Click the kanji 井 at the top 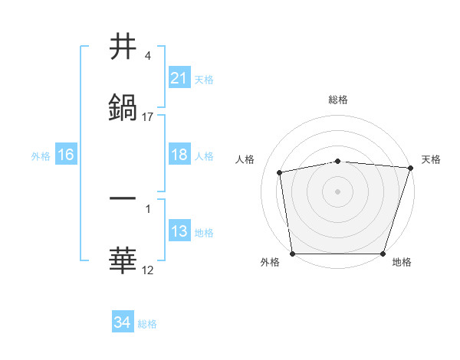tap(123, 47)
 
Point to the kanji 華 tap(123, 261)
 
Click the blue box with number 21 tap(179, 78)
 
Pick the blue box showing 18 tap(179, 155)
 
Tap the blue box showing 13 tap(179, 231)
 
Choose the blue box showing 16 tap(65, 155)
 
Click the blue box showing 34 tap(122, 322)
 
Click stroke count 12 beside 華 tap(148, 270)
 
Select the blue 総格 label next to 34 tap(147, 324)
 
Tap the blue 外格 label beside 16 tap(41, 155)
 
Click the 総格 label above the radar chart tap(338, 100)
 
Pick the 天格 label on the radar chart tap(431, 159)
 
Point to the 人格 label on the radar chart tap(245, 159)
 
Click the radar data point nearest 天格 tap(410, 168)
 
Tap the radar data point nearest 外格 tap(293, 253)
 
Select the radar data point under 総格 tap(338, 161)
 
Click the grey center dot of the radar tap(338, 191)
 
